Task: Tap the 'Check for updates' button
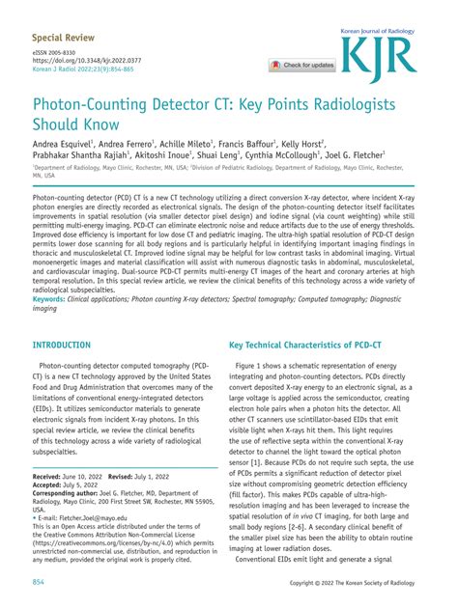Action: point(302,66)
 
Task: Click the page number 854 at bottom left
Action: point(40,583)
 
